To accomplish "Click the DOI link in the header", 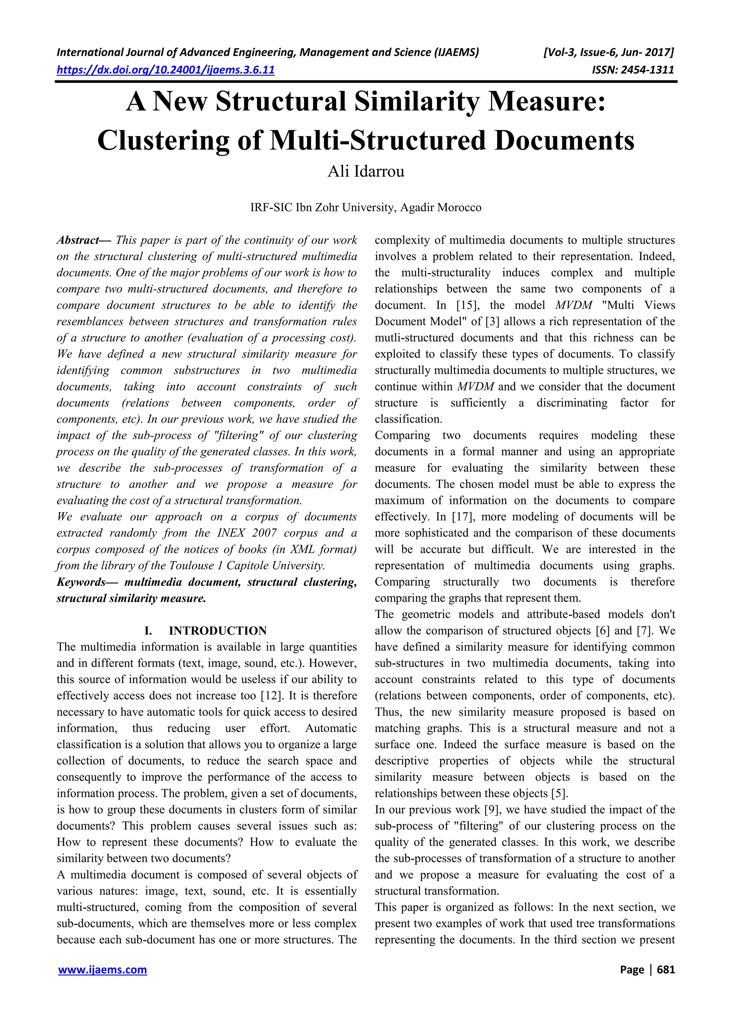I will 165,70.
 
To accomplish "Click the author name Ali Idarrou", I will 366,171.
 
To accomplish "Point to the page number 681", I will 666,970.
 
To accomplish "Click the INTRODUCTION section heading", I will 218,631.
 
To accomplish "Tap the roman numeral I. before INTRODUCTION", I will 148,631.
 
